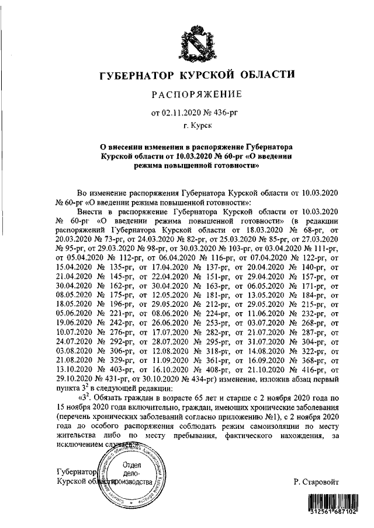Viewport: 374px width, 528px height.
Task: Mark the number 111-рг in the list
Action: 324,248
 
